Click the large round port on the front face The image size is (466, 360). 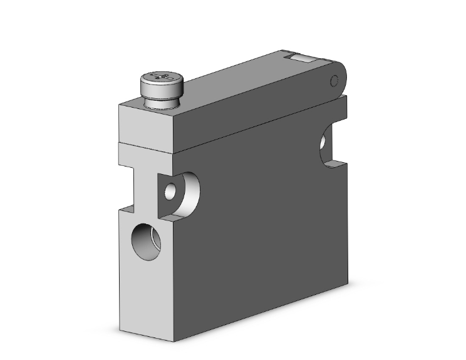[145, 241]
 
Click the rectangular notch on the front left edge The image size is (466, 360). [127, 188]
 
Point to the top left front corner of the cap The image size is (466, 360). [119, 105]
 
